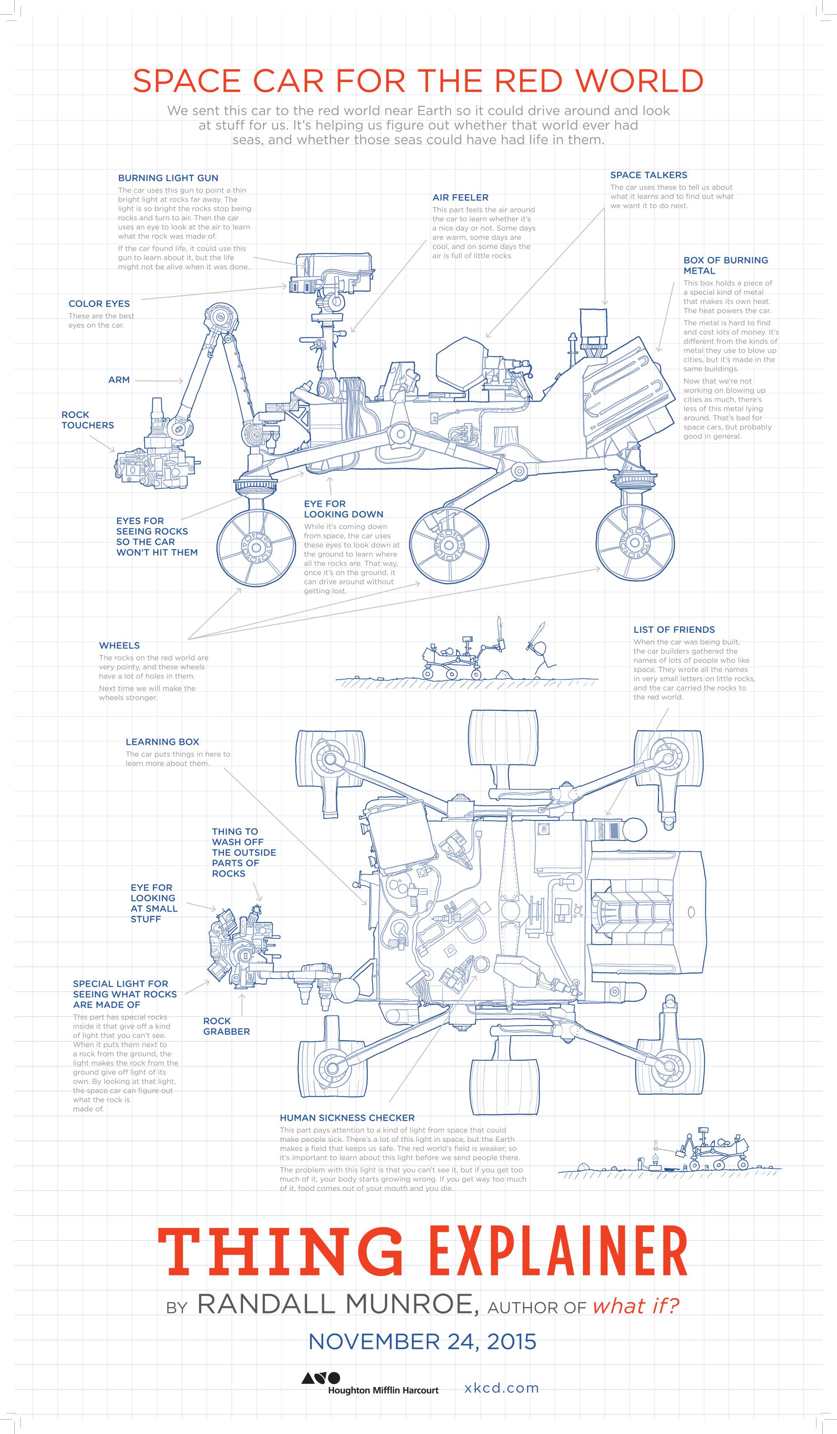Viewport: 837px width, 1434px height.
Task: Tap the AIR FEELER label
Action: point(460,198)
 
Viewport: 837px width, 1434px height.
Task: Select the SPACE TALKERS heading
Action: point(649,175)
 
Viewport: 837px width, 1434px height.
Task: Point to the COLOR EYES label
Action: point(99,304)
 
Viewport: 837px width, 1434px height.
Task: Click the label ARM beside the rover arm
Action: point(119,380)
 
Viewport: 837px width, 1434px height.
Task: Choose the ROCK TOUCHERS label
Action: point(87,420)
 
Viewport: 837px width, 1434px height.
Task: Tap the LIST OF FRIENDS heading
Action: point(674,630)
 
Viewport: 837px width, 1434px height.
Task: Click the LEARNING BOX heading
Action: point(162,741)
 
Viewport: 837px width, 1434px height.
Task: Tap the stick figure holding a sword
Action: point(542,654)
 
